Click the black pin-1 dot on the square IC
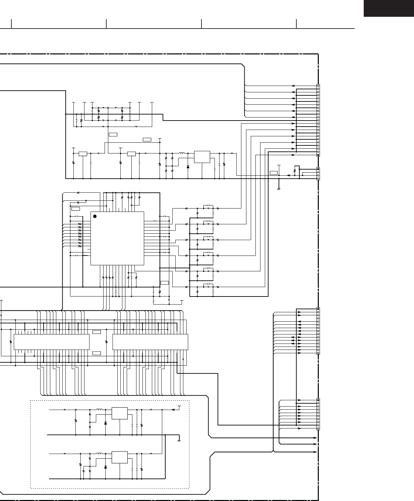(95, 216)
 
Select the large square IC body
(117, 238)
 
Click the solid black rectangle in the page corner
(389, 8)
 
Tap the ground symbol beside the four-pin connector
(279, 189)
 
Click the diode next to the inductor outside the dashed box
(188, 167)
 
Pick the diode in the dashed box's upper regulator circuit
(106, 423)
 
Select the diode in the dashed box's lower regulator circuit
(106, 467)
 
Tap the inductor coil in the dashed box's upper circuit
(100, 409)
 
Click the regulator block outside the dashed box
(202, 157)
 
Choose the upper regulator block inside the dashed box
(120, 413)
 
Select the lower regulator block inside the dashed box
(120, 457)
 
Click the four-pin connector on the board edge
(318, 174)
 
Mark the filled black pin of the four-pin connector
(318, 169)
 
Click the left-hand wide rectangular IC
(52, 342)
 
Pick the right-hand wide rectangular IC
(151, 342)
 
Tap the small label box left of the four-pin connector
(274, 173)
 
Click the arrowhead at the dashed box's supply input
(173, 410)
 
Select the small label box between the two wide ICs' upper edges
(97, 332)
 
